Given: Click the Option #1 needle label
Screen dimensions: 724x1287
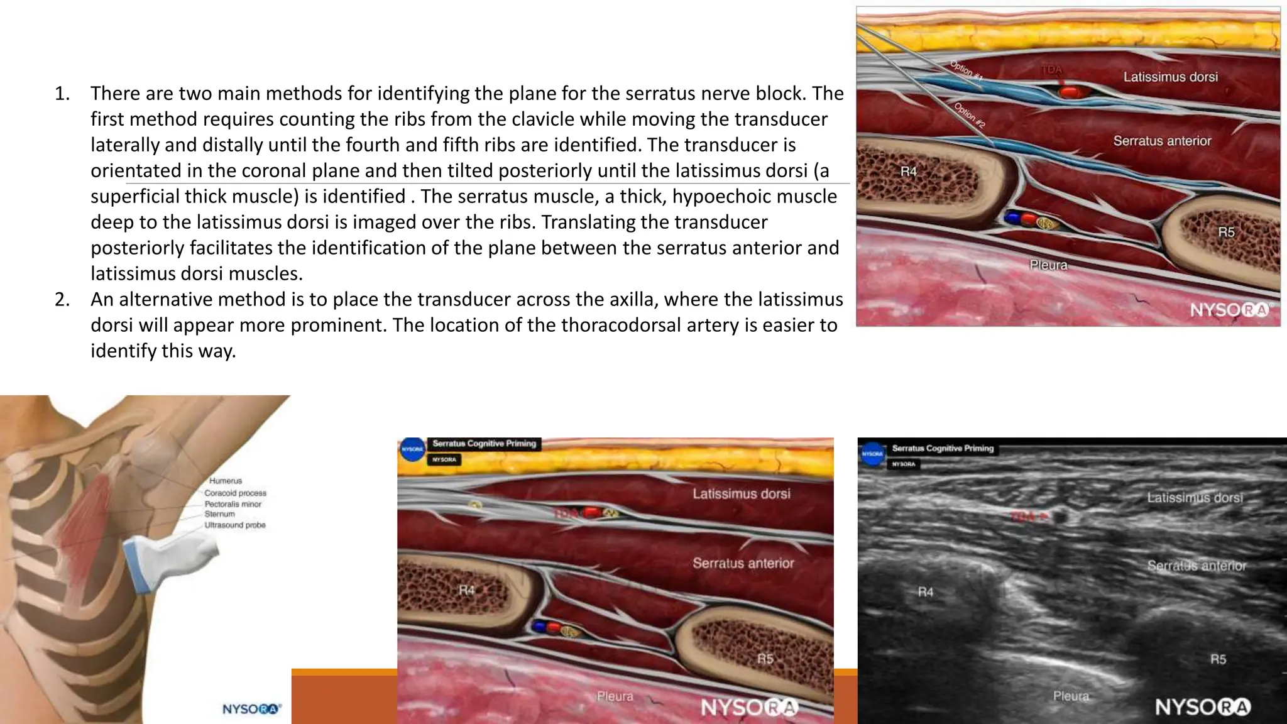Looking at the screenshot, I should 966,70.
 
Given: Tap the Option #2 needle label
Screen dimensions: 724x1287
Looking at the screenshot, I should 970,115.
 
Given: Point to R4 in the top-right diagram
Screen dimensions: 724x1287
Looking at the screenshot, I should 909,172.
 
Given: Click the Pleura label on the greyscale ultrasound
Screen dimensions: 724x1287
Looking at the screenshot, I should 1071,696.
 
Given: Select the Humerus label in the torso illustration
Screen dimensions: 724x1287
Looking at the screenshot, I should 226,481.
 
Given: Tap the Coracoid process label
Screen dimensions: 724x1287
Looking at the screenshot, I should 235,493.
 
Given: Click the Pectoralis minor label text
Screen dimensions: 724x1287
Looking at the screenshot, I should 233,504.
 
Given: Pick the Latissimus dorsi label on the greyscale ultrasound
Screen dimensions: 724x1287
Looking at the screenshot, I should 1195,498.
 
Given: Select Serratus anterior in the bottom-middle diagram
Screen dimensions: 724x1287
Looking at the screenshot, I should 743,563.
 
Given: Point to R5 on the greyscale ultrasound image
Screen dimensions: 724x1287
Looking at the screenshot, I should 1218,659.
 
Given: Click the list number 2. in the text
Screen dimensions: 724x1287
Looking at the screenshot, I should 62,299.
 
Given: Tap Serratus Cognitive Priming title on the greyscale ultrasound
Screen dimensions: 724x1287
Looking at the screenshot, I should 943,448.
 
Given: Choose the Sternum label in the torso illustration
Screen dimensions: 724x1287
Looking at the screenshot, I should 219,514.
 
